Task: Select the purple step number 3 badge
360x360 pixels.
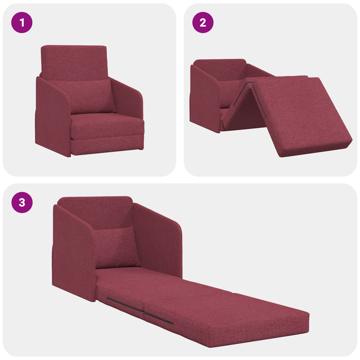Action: click(22, 202)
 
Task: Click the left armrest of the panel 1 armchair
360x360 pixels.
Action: click(52, 116)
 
